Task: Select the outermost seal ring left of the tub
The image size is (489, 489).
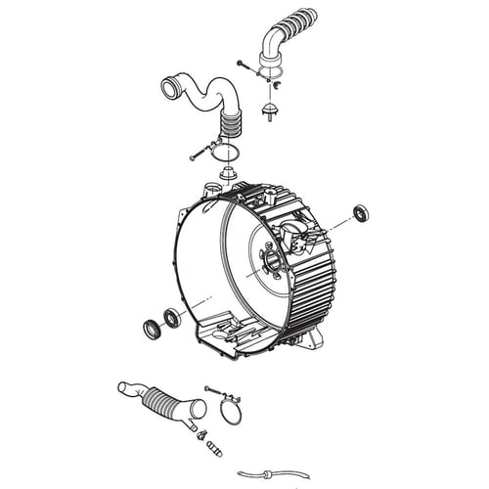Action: point(153,329)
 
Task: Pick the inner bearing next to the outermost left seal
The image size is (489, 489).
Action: point(173,318)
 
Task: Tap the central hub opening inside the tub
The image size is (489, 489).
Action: point(270,261)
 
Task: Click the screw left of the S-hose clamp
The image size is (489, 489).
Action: point(199,152)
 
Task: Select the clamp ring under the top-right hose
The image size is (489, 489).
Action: point(273,69)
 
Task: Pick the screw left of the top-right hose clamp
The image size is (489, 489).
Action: point(244,65)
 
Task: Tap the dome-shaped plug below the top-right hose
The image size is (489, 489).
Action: point(270,104)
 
